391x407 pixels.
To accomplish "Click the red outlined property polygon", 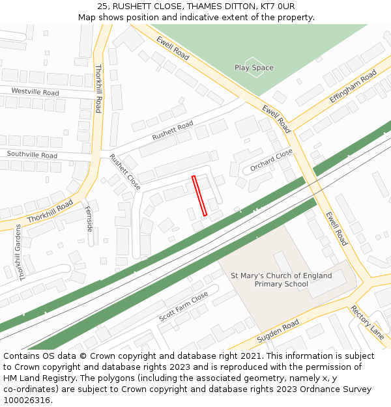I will click(199, 195).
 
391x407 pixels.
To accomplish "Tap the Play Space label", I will click(254, 68).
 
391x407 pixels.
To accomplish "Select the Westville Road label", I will click(35, 92).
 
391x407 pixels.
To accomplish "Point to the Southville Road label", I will click(32, 155).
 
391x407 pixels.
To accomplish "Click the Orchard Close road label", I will click(272, 160).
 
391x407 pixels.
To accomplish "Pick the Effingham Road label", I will click(353, 87).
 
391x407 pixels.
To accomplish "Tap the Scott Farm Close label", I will click(183, 307).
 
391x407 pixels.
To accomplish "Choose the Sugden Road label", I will click(278, 331).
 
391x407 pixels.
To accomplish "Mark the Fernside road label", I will click(89, 219).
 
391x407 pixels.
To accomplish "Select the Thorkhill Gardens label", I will click(20, 253).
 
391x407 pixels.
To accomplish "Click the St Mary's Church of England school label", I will click(282, 279).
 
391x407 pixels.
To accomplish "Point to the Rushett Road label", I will click(173, 130).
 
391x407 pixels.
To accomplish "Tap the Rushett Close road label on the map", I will click(124, 171).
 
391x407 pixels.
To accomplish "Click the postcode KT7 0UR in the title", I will click(277, 7).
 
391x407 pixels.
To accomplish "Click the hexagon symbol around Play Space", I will click(254, 68).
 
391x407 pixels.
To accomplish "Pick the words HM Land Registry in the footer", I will click(36, 378).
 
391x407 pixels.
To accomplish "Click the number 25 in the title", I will click(102, 7).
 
